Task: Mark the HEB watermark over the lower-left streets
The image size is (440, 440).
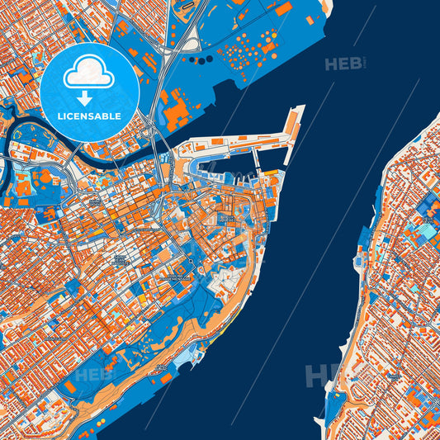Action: point(93,375)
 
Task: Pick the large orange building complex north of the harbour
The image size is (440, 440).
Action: point(177,111)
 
